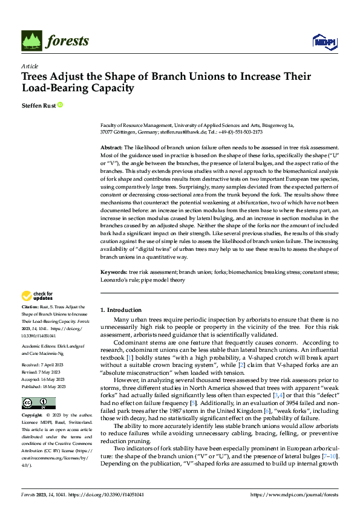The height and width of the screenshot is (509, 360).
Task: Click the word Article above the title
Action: pyautogui.click(x=30, y=66)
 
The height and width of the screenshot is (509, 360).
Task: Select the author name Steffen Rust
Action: pyautogui.click(x=38, y=105)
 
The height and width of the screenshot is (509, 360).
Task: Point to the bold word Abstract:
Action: pyautogui.click(x=112, y=148)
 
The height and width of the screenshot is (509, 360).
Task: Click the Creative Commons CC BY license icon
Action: pyautogui.click(x=38, y=386)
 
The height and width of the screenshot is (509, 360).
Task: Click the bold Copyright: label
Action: pyautogui.click(x=33, y=399)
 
